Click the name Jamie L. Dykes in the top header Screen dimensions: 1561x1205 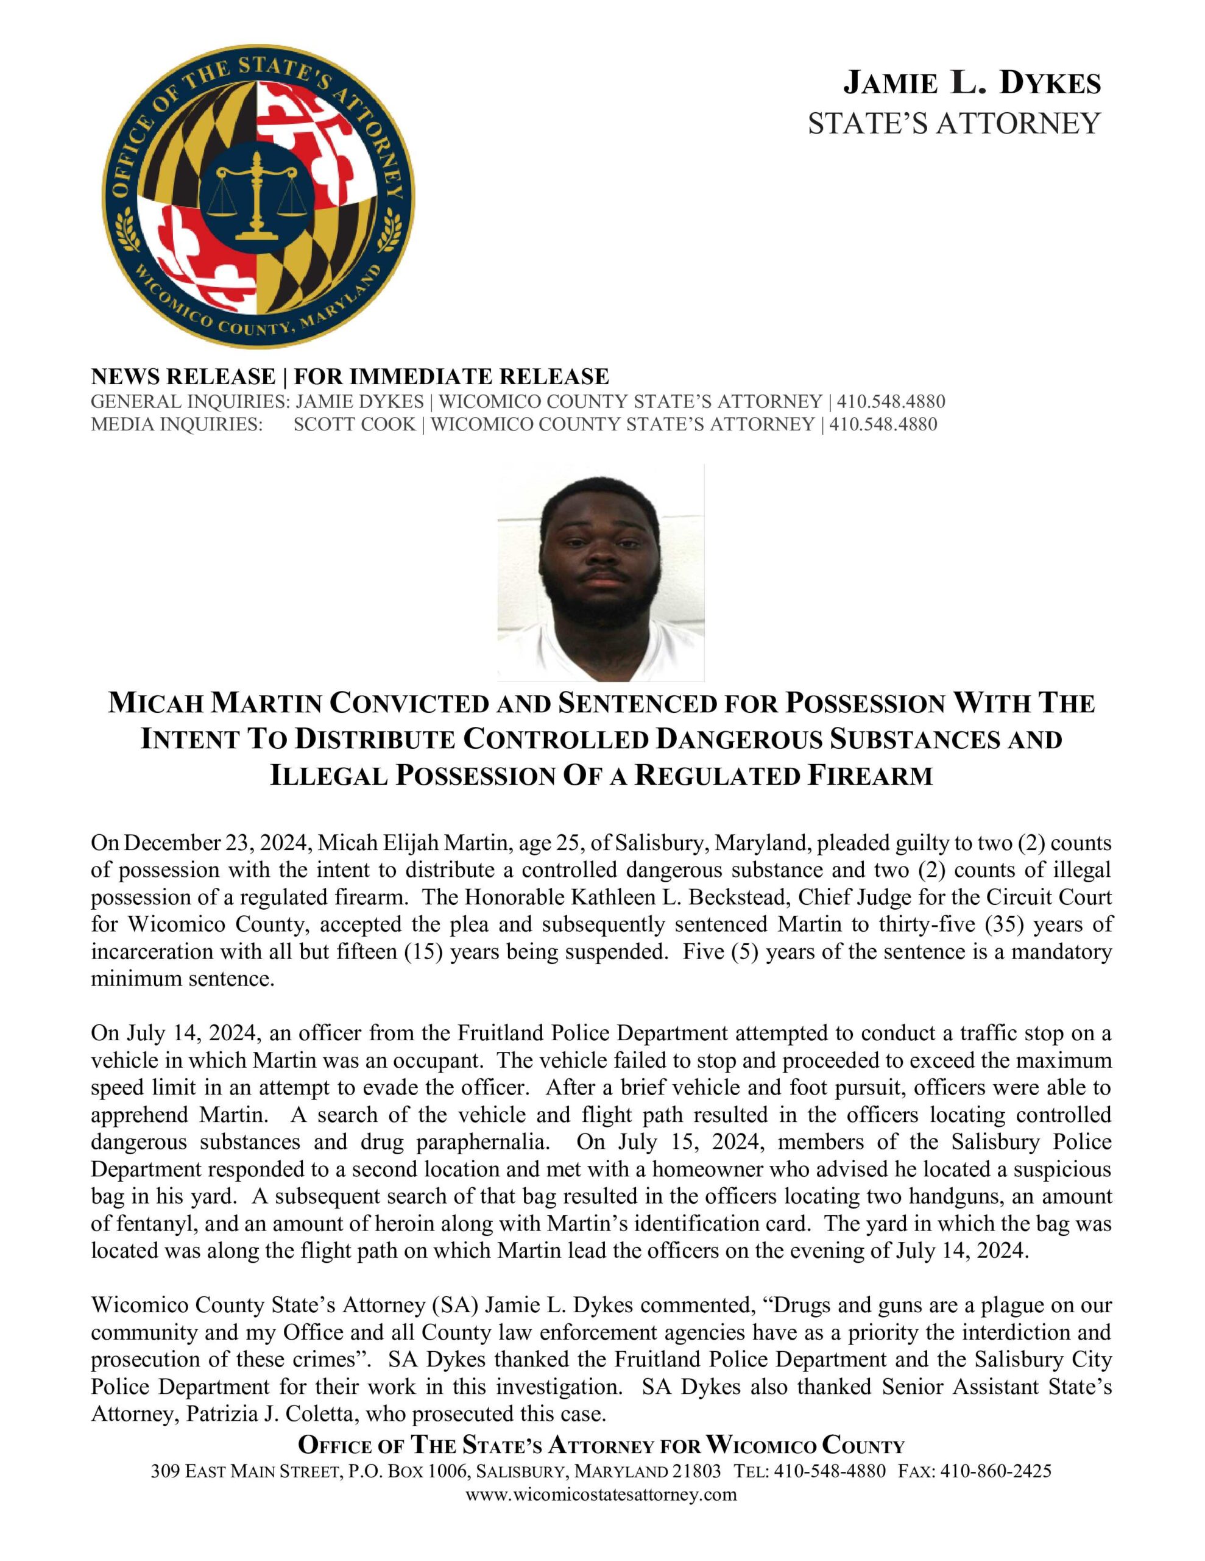click(972, 84)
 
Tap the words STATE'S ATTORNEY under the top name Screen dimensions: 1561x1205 click(954, 123)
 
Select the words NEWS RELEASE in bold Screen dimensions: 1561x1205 click(183, 376)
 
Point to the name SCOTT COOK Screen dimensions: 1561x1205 click(355, 424)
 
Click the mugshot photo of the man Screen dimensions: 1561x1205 click(601, 572)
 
